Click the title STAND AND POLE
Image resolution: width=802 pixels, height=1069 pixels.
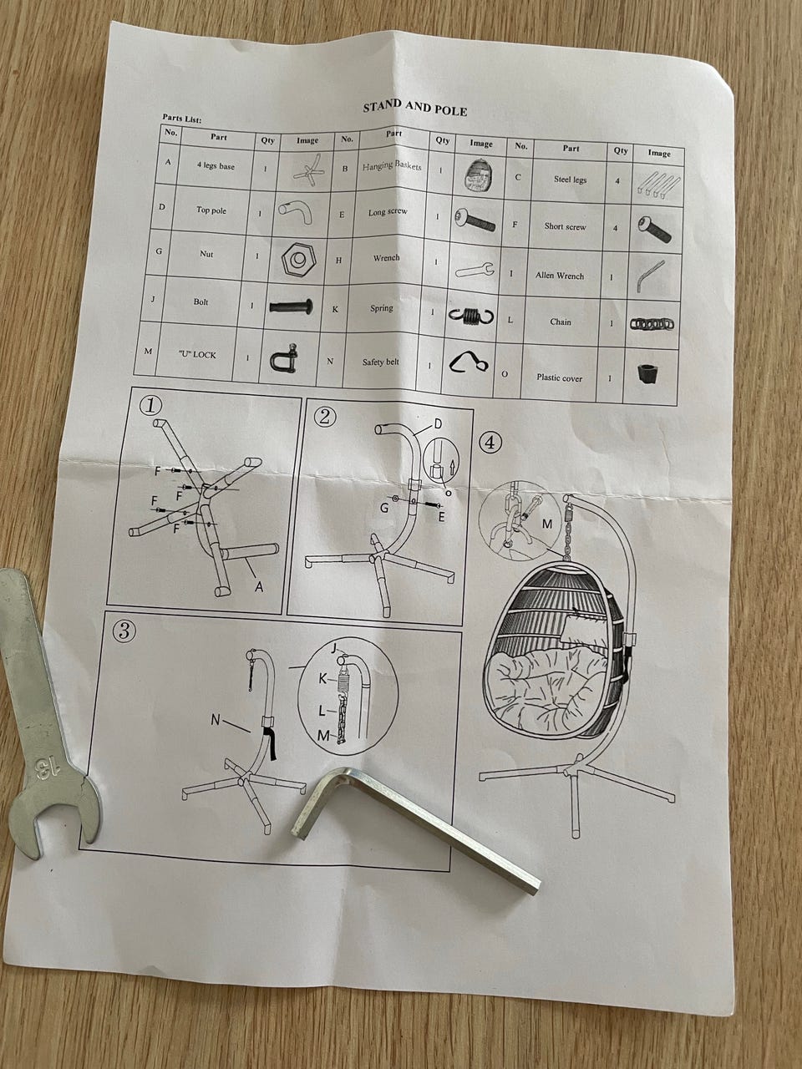(x=415, y=108)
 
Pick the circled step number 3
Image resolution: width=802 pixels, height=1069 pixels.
(x=124, y=631)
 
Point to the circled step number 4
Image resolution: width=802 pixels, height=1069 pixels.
(x=490, y=443)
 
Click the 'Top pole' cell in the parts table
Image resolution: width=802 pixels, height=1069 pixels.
(x=211, y=210)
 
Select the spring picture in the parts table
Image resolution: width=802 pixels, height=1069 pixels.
(x=470, y=316)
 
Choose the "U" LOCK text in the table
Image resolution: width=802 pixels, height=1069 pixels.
(x=197, y=355)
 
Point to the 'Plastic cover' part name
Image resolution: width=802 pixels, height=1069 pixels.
(x=559, y=377)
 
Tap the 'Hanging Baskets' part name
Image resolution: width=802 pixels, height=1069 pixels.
(x=392, y=165)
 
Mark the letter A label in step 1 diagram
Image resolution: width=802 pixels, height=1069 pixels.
(x=259, y=587)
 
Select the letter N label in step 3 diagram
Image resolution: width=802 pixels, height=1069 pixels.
(x=216, y=719)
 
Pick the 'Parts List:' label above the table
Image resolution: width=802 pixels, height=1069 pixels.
(x=181, y=119)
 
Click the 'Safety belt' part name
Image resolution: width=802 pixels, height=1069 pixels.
(x=380, y=362)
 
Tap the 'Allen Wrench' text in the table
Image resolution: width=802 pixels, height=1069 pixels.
(x=560, y=276)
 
